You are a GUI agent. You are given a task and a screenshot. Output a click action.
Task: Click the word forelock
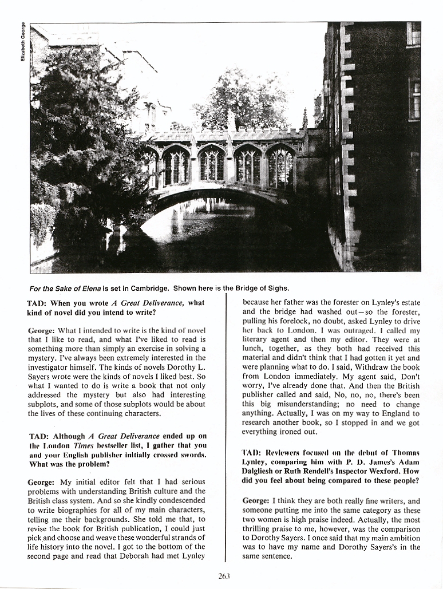(274, 322)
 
